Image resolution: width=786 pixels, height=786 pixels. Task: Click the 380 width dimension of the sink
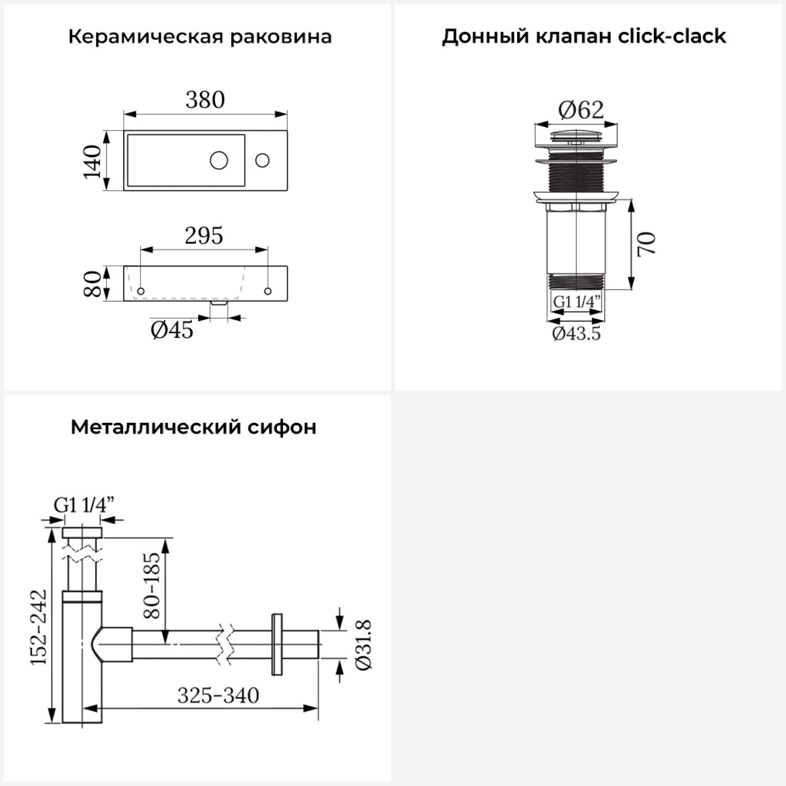205,100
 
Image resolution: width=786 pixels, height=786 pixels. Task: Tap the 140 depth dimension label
93,161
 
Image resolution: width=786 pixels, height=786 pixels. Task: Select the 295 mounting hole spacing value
204,236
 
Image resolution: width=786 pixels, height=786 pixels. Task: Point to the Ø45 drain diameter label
172,330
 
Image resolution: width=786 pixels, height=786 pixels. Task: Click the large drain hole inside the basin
219,160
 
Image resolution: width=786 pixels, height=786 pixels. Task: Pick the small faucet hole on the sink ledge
263,160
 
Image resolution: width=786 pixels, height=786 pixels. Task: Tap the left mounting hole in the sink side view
140,291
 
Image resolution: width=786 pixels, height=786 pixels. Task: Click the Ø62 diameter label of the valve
581,110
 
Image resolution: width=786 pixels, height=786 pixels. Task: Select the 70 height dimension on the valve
647,244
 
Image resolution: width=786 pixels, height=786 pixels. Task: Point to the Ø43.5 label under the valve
576,333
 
